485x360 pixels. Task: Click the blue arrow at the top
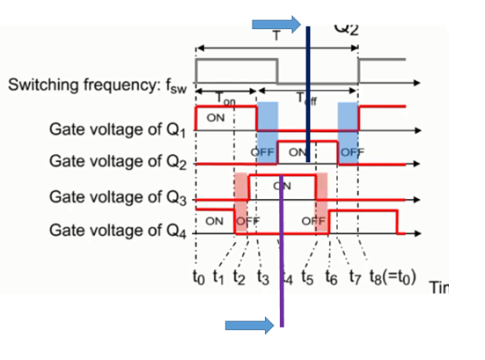(x=276, y=24)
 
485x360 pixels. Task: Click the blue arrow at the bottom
(x=250, y=327)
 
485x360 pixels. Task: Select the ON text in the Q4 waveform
(x=214, y=221)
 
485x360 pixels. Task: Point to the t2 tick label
(x=241, y=280)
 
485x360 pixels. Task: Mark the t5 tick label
(x=307, y=280)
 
